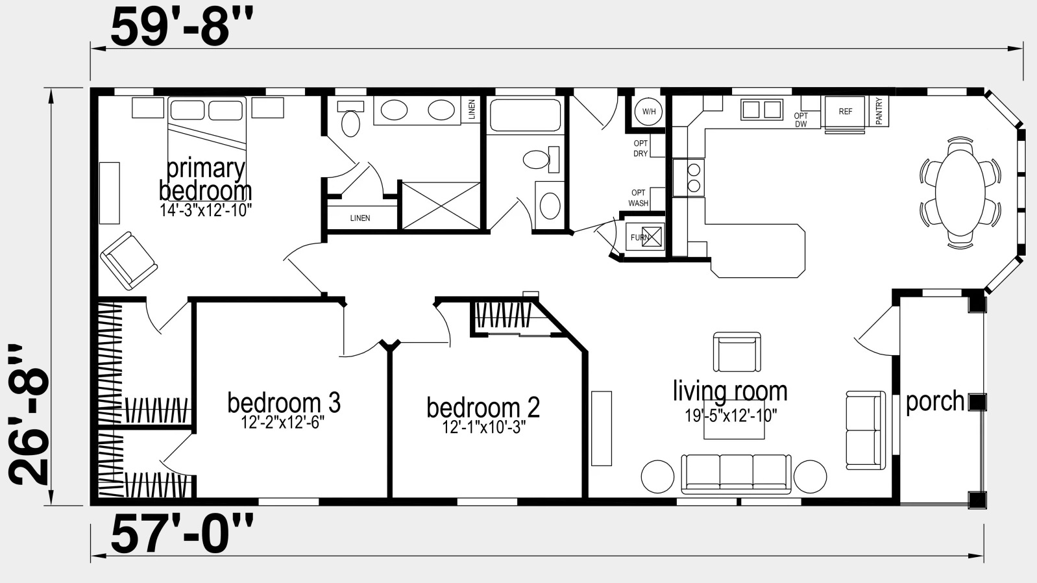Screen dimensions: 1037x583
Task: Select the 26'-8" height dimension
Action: (29, 414)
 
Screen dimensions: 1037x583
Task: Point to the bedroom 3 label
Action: (284, 403)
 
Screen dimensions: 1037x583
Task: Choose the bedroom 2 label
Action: (483, 408)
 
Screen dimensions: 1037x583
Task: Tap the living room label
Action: (730, 391)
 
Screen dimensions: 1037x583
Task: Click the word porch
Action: (934, 401)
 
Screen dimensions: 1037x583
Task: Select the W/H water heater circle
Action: (648, 112)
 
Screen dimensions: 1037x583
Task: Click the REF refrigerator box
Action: (845, 112)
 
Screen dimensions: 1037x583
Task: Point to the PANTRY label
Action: (879, 111)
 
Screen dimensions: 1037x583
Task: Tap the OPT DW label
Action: (801, 120)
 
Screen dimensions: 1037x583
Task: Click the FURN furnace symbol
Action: (645, 237)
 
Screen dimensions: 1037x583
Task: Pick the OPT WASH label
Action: (639, 198)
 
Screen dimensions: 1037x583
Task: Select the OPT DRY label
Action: (640, 148)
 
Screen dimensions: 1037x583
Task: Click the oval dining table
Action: (960, 192)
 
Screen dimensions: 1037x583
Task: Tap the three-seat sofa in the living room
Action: (736, 474)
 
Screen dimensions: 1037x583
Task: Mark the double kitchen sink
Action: (762, 110)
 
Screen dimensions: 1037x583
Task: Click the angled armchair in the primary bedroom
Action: (128, 261)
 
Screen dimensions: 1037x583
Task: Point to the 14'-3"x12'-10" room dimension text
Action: (206, 210)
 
